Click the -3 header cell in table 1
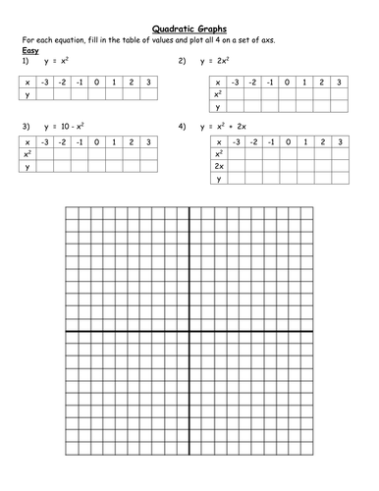pos(45,83)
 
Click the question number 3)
pos(24,127)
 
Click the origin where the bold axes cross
pos(189,332)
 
